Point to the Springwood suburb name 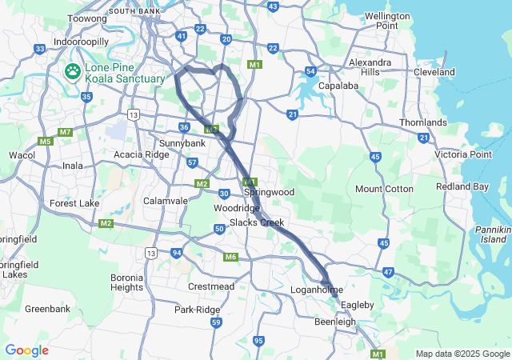point(269,193)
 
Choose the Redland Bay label point(462,186)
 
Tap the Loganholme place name point(317,290)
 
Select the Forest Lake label point(74,203)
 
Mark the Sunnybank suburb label point(182,144)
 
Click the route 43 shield point(273,6)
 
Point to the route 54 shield point(310,72)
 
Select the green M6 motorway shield point(231,257)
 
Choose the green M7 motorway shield point(66,132)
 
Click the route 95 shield point(258,341)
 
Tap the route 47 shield point(388,273)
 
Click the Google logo point(26,350)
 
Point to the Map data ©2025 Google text point(462,354)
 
